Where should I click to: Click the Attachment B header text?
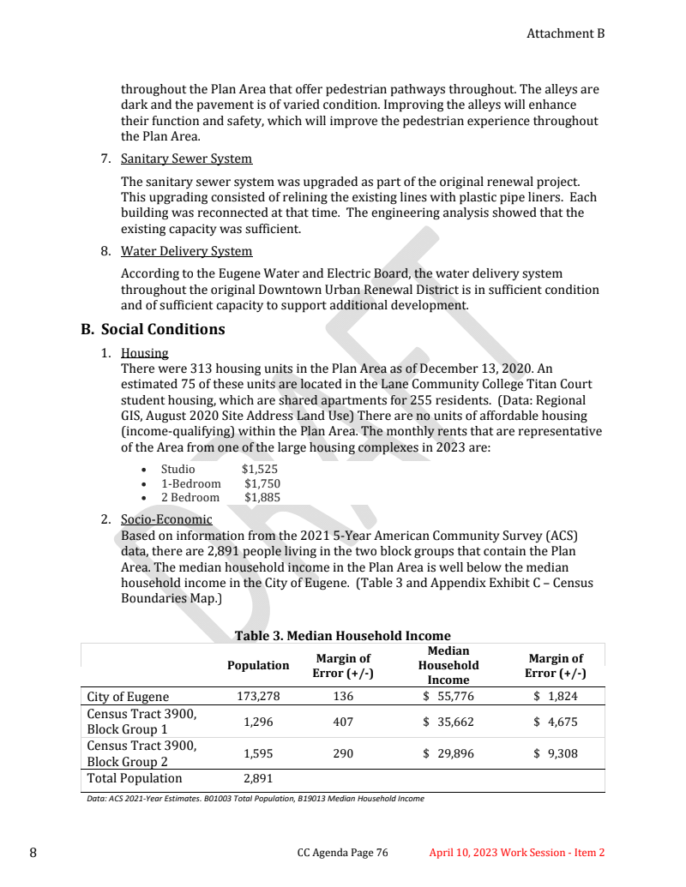pyautogui.click(x=565, y=33)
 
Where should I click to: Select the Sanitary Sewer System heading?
pyautogui.click(x=186, y=159)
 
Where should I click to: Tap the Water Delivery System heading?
pyautogui.click(x=186, y=251)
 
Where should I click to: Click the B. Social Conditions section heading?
pyautogui.click(x=153, y=329)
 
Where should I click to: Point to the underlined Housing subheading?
pyautogui.click(x=145, y=353)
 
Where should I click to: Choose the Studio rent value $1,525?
pyautogui.click(x=259, y=470)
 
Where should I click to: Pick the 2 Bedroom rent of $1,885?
pyautogui.click(x=262, y=497)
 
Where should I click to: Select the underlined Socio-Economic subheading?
pyautogui.click(x=166, y=519)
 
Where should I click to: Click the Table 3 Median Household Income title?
pyautogui.click(x=342, y=636)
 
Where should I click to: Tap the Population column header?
pyautogui.click(x=258, y=666)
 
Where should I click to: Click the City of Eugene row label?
pyautogui.click(x=129, y=697)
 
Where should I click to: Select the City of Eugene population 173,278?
pyautogui.click(x=258, y=697)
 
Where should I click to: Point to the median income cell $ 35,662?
pyautogui.click(x=448, y=722)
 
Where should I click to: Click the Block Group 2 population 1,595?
pyautogui.click(x=258, y=754)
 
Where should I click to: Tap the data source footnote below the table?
pyautogui.click(x=256, y=799)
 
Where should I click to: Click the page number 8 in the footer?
pyautogui.click(x=33, y=853)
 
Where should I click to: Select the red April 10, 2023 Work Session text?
pyautogui.click(x=517, y=853)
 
